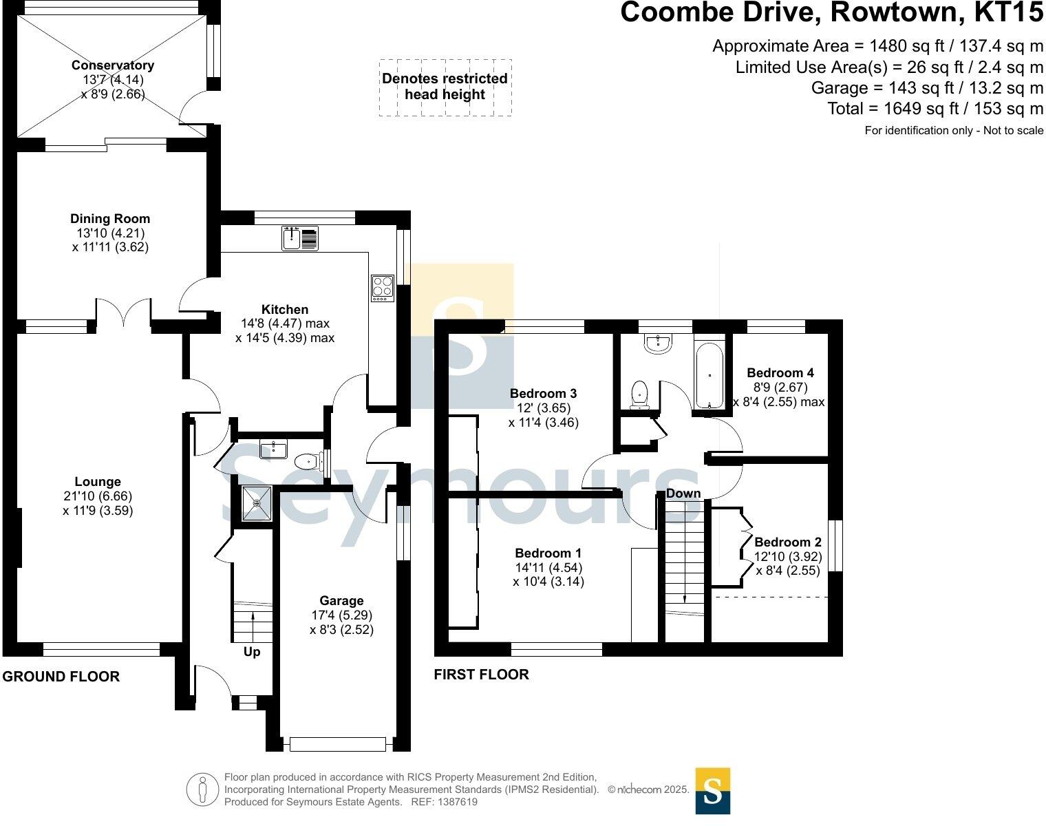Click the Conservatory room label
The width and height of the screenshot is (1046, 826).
tap(112, 65)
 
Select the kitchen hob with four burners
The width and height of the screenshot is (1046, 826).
tap(382, 288)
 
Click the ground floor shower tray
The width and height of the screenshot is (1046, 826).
tap(257, 503)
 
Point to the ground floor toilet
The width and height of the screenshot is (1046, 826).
tap(307, 460)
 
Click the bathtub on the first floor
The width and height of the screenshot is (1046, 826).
tap(709, 376)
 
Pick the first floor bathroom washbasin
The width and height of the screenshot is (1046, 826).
tap(659, 344)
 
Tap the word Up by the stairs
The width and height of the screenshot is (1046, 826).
tap(252, 651)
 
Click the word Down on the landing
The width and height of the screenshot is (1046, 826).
tap(683, 493)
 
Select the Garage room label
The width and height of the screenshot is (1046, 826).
tap(341, 601)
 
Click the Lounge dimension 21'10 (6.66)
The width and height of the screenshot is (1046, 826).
tap(97, 496)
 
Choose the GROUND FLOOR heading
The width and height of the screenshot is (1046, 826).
tap(61, 677)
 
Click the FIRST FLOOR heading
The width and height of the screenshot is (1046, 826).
tap(481, 675)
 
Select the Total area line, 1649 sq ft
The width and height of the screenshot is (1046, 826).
tap(935, 109)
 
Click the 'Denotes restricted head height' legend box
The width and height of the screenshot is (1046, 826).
tap(445, 87)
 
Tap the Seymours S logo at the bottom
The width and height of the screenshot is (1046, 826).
tap(712, 791)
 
